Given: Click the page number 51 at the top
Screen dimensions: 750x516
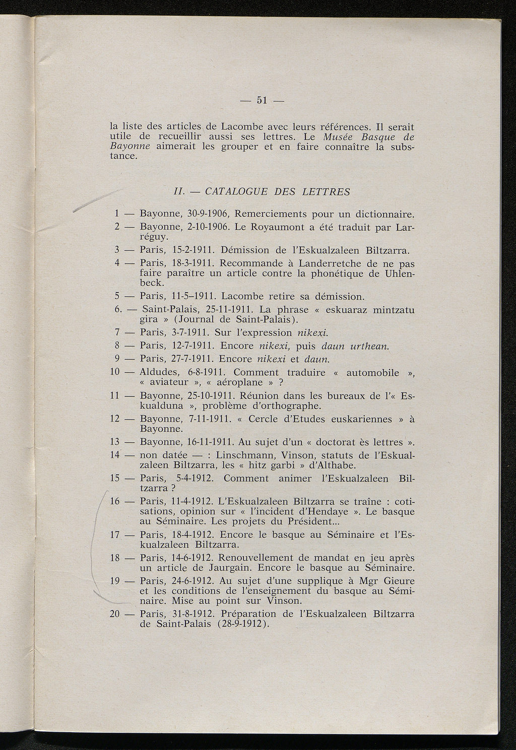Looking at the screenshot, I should [261, 100].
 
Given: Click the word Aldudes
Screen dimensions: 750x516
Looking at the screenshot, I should [159, 373].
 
